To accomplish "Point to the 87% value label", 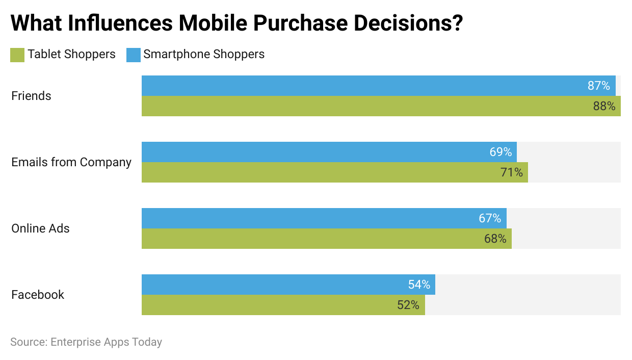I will click(598, 86).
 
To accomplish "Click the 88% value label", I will click(604, 106).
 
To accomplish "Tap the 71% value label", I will click(511, 172).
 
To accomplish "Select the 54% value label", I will click(419, 285).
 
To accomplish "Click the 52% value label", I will click(408, 305).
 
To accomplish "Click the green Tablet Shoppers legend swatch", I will click(17, 55).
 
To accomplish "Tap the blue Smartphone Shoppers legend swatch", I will click(133, 55).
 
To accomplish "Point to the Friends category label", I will click(31, 96).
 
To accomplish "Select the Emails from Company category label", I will click(71, 162).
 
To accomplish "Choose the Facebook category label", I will click(38, 295).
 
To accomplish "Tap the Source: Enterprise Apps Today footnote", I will click(86, 342).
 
